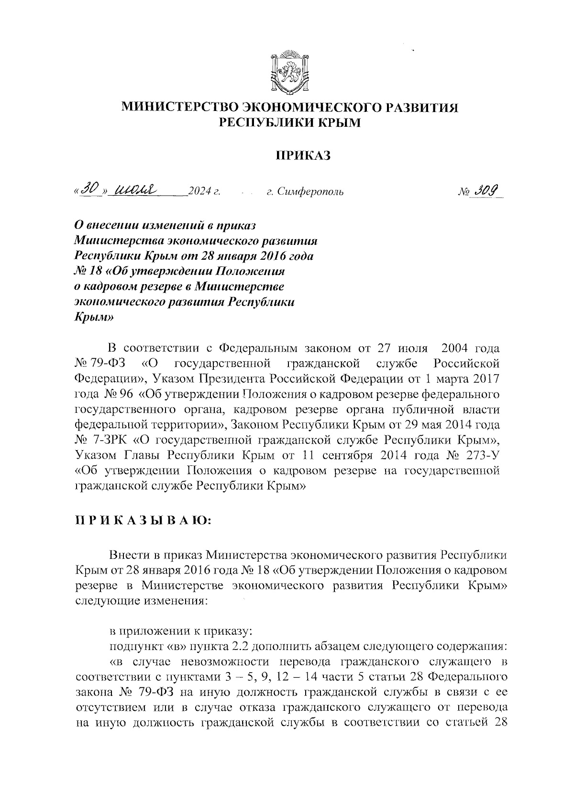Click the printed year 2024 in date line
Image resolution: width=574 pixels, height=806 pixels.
tap(199, 192)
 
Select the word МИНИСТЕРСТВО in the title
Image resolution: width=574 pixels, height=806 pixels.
tap(182, 108)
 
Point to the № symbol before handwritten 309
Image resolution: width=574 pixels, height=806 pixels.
tap(464, 192)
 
